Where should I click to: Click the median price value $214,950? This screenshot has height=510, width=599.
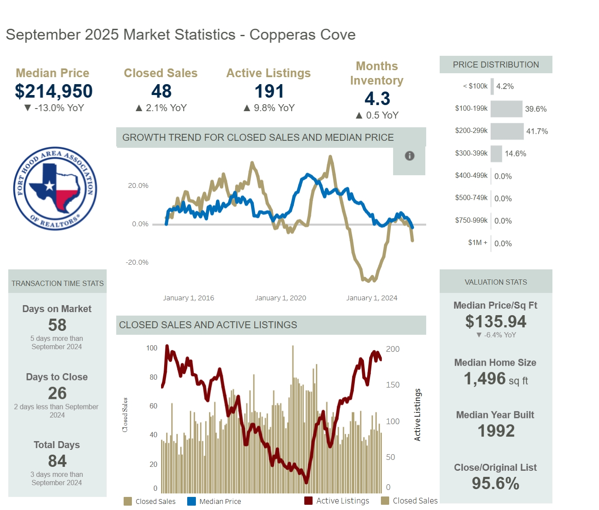click(54, 92)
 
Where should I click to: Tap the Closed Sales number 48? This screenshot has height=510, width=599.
click(161, 92)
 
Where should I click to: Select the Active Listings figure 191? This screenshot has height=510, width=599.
click(269, 92)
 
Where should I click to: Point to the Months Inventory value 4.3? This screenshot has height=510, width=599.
click(377, 99)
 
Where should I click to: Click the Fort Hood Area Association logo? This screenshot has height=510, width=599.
click(55, 188)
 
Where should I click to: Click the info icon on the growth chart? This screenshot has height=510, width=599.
click(409, 156)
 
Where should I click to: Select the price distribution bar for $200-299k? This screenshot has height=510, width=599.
click(507, 131)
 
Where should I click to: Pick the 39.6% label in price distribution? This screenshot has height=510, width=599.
click(535, 109)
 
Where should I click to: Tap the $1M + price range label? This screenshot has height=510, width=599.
click(478, 242)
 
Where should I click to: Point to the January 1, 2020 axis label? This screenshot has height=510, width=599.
click(280, 298)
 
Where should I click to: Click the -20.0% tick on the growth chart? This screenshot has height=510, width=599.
click(137, 262)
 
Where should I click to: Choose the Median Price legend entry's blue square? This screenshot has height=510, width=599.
click(192, 501)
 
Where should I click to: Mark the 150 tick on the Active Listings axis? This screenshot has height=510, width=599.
click(393, 385)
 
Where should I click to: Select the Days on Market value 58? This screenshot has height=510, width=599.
click(57, 325)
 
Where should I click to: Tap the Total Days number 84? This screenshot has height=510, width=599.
click(57, 461)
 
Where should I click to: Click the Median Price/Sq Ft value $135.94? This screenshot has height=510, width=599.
click(495, 322)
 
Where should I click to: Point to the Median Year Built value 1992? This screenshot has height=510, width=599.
click(496, 431)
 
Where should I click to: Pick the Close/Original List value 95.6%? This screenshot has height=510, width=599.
click(495, 484)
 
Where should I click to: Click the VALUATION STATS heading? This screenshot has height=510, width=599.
click(495, 282)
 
